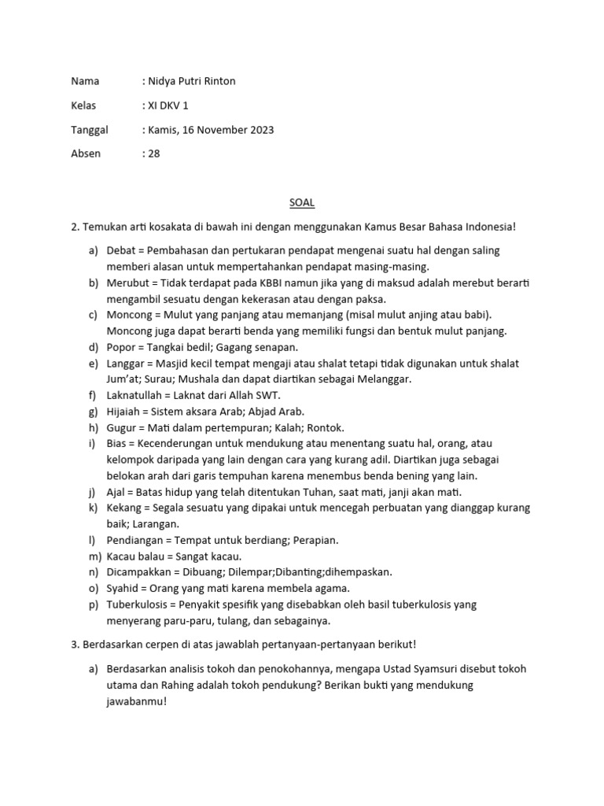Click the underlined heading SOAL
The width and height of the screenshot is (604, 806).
coord(301,202)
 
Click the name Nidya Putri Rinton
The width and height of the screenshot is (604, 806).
coord(190,81)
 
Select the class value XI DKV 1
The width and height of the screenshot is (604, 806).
coord(168,105)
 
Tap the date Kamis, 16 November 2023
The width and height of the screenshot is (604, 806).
coord(210,130)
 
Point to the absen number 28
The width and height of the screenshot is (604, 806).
coord(153,153)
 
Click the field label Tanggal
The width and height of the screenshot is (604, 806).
coord(90,130)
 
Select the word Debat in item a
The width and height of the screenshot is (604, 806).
coord(120,250)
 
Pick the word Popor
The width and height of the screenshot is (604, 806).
coord(120,347)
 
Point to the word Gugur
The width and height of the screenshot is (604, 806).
coord(121,427)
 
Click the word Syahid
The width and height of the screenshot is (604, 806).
coord(123,588)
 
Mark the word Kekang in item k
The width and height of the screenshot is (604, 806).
coord(124,508)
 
